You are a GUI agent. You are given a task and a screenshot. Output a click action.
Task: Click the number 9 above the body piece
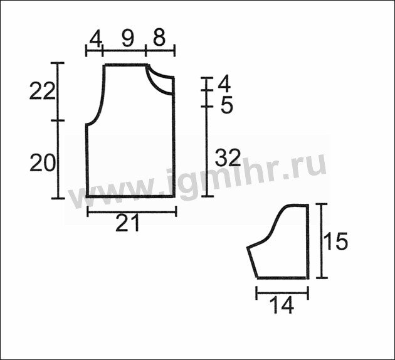(x=127, y=39)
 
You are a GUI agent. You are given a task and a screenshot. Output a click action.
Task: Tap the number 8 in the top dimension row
(x=159, y=38)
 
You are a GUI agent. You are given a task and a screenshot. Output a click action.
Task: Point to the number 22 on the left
(x=42, y=91)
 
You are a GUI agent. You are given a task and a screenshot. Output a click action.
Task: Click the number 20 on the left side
(x=43, y=163)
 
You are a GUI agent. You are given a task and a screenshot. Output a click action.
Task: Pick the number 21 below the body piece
(x=127, y=223)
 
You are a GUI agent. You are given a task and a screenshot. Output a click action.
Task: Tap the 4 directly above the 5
(x=224, y=84)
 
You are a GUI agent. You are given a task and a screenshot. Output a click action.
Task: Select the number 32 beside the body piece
(x=228, y=157)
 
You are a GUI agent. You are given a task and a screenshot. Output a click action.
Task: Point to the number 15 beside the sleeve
(x=335, y=241)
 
